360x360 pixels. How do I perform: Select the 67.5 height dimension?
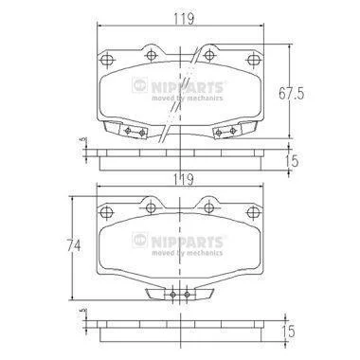click(x=291, y=94)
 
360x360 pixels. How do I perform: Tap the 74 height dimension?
click(x=74, y=244)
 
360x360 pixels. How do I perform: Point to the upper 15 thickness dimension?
click(x=293, y=161)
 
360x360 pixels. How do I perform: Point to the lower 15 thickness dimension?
click(x=289, y=332)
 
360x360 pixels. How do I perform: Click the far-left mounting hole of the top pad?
click(x=107, y=60)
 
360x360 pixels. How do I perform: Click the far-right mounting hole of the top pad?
click(x=253, y=60)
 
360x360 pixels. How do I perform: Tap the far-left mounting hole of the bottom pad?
click(x=107, y=212)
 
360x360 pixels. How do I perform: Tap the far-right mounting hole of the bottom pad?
click(x=253, y=212)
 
